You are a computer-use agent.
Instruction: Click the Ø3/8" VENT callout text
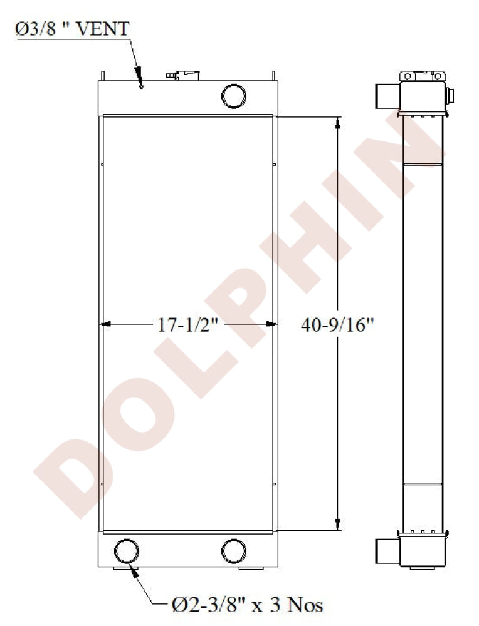pos(72,29)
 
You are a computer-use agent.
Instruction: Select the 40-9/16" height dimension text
pos(337,325)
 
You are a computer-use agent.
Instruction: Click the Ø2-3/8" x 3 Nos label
pos(246,605)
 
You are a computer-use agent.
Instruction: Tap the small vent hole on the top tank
pos(141,86)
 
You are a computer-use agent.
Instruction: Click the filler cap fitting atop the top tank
pos(182,76)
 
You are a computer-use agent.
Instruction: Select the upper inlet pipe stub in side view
pos(387,96)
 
